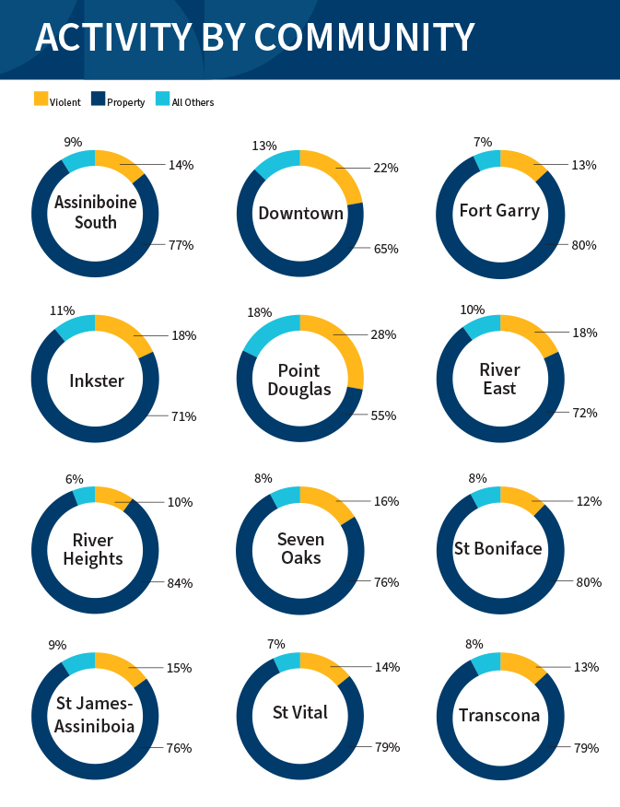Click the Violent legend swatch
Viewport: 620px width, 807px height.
pyautogui.click(x=41, y=99)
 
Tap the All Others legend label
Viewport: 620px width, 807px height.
pyautogui.click(x=193, y=102)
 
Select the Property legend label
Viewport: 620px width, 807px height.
pyautogui.click(x=125, y=102)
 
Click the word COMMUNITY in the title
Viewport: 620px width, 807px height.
pyautogui.click(x=365, y=38)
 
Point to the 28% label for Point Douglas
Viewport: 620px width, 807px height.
pyautogui.click(x=385, y=334)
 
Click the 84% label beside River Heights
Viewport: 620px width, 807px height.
pyautogui.click(x=180, y=582)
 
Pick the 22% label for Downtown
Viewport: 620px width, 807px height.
pyautogui.click(x=385, y=168)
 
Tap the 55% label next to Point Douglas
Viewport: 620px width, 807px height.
pyautogui.click(x=384, y=415)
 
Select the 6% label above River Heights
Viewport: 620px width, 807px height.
pyautogui.click(x=74, y=479)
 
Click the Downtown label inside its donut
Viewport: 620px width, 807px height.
pyautogui.click(x=300, y=214)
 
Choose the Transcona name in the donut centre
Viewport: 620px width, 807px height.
pyautogui.click(x=499, y=716)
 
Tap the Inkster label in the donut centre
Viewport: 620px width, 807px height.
pyautogui.click(x=95, y=380)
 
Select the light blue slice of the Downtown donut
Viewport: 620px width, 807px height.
pyautogui.click(x=270, y=166)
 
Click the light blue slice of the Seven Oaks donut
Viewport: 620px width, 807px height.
pyautogui.click(x=282, y=497)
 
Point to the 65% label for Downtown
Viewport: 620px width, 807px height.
pyautogui.click(x=385, y=249)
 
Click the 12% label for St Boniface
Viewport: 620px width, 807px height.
pyautogui.click(x=589, y=501)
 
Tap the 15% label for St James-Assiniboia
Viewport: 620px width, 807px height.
pyautogui.click(x=179, y=667)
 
